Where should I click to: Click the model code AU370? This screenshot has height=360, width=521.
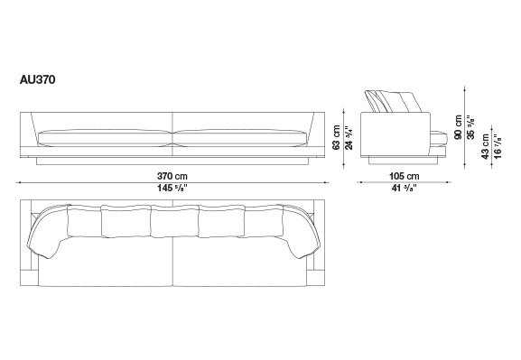point(38,80)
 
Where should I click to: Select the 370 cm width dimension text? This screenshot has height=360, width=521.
point(172,176)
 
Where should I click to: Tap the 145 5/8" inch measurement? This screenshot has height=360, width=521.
point(172,189)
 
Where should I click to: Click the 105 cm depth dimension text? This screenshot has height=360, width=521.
point(404,176)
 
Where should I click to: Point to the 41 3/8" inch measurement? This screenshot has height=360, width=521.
point(404,189)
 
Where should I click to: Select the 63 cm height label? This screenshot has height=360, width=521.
point(336,137)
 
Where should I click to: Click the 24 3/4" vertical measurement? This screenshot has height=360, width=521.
point(349,137)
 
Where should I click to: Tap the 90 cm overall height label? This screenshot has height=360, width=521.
point(458,127)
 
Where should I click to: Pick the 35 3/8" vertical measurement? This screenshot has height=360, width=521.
point(470,127)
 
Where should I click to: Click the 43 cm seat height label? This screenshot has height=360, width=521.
point(486,146)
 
